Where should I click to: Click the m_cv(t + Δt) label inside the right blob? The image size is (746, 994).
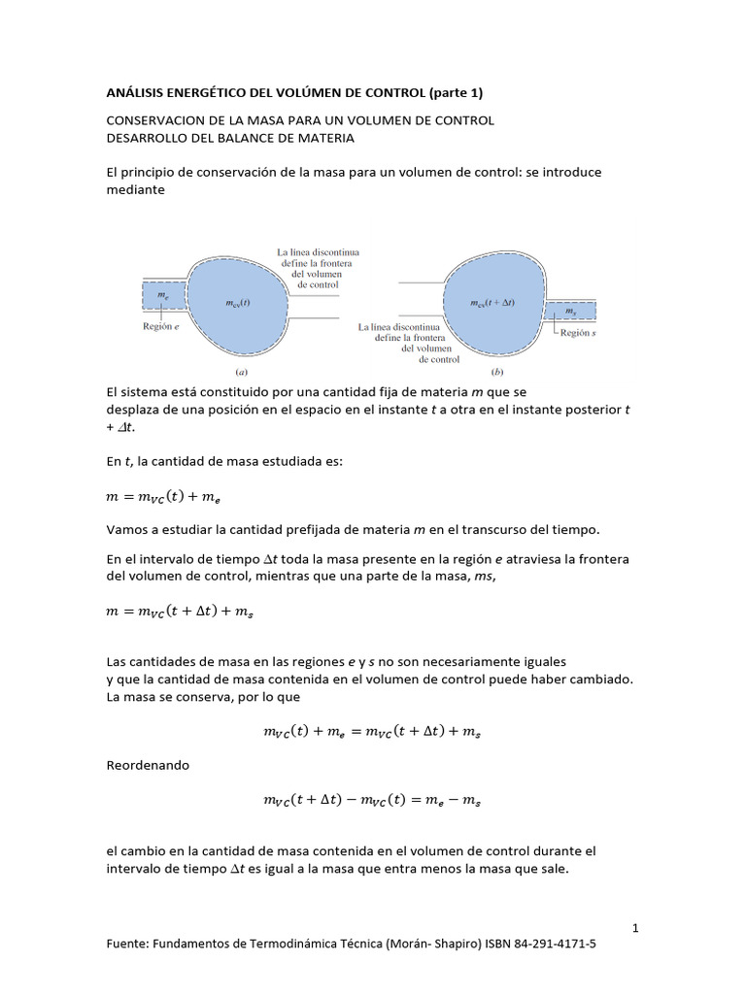492,304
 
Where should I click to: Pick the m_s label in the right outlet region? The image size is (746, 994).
569,310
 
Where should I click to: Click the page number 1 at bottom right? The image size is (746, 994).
635,928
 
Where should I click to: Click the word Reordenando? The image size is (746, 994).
147,765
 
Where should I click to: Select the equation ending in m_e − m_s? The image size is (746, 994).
372,801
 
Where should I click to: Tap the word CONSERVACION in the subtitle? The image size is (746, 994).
156,120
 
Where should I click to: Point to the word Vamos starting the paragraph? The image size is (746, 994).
126,529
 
